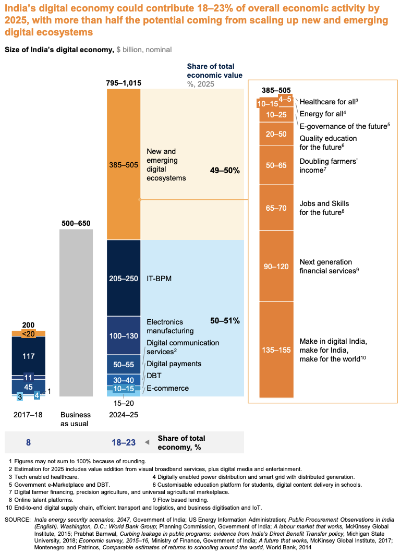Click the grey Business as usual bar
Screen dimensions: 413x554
tap(76, 312)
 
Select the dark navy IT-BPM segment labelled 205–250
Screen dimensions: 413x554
tap(124, 278)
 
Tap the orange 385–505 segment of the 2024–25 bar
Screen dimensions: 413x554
tap(124, 164)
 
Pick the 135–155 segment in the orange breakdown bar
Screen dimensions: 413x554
tap(276, 350)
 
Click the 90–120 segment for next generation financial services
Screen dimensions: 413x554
tap(276, 266)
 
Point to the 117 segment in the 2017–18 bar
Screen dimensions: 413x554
tap(29, 356)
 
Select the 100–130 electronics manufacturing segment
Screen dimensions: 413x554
tap(124, 335)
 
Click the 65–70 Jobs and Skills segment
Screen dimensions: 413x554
tap(276, 208)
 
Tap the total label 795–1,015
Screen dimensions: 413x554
tap(124, 83)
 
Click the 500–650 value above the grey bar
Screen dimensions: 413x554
tap(76, 223)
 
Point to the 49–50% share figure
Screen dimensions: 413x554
tap(225, 170)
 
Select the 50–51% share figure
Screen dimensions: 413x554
tap(225, 320)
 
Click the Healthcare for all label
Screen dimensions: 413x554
tap(329, 102)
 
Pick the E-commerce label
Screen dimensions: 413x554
tap(168, 388)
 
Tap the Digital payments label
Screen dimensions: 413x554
tap(174, 364)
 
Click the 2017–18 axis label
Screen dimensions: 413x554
tap(28, 415)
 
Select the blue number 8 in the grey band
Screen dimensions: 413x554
tap(28, 442)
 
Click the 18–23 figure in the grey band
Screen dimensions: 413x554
tap(124, 442)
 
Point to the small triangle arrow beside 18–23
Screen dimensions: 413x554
tap(148, 442)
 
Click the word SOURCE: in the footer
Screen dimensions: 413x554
tap(18, 520)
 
